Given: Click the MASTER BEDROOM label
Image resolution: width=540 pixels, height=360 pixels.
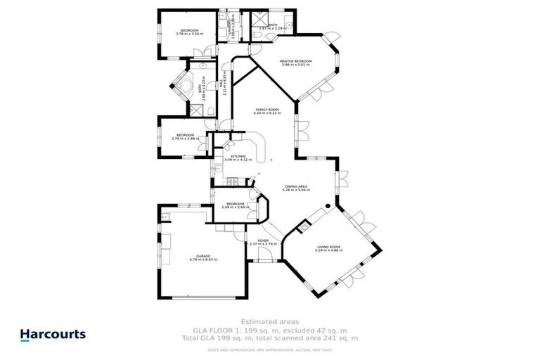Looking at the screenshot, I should [x=295, y=61].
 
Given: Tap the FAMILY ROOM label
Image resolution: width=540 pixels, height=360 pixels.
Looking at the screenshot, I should [x=267, y=110].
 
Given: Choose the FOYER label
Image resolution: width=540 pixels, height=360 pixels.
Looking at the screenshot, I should [x=263, y=240].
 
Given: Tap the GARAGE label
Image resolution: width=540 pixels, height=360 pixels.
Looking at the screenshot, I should [x=203, y=256].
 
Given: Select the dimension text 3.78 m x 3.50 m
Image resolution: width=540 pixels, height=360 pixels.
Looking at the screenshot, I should [x=189, y=34].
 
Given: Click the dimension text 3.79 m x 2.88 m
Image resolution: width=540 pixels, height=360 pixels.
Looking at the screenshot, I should [x=185, y=139].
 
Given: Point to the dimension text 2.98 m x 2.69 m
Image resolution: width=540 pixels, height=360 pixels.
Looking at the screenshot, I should [x=234, y=207].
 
